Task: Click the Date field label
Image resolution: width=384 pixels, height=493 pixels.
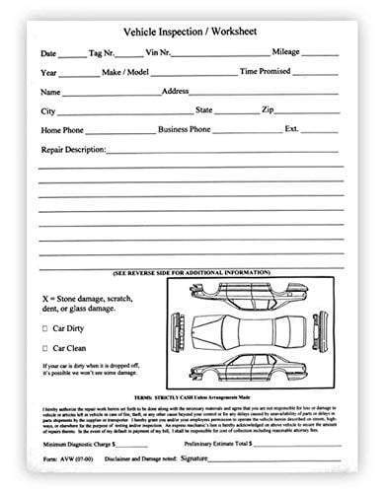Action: (48, 53)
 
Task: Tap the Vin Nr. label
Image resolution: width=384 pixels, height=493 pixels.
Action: (155, 53)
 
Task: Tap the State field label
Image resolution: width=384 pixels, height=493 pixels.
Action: (204, 110)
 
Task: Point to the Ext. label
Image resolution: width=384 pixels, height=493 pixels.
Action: (292, 130)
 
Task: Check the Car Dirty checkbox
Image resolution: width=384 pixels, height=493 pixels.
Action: (45, 328)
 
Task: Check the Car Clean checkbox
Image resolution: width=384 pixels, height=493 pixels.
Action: (45, 348)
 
